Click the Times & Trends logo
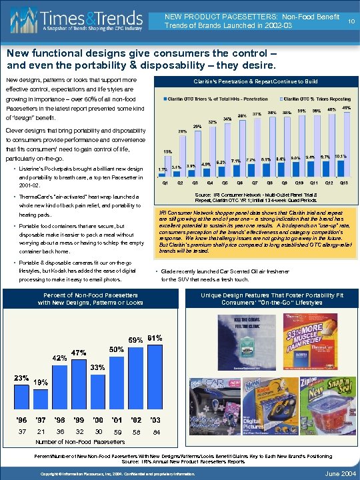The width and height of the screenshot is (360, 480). (x=80, y=20)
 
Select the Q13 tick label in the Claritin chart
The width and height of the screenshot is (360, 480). (x=343, y=182)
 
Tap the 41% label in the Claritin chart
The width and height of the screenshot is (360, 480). (x=347, y=107)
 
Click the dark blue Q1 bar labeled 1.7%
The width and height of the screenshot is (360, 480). (x=163, y=175)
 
